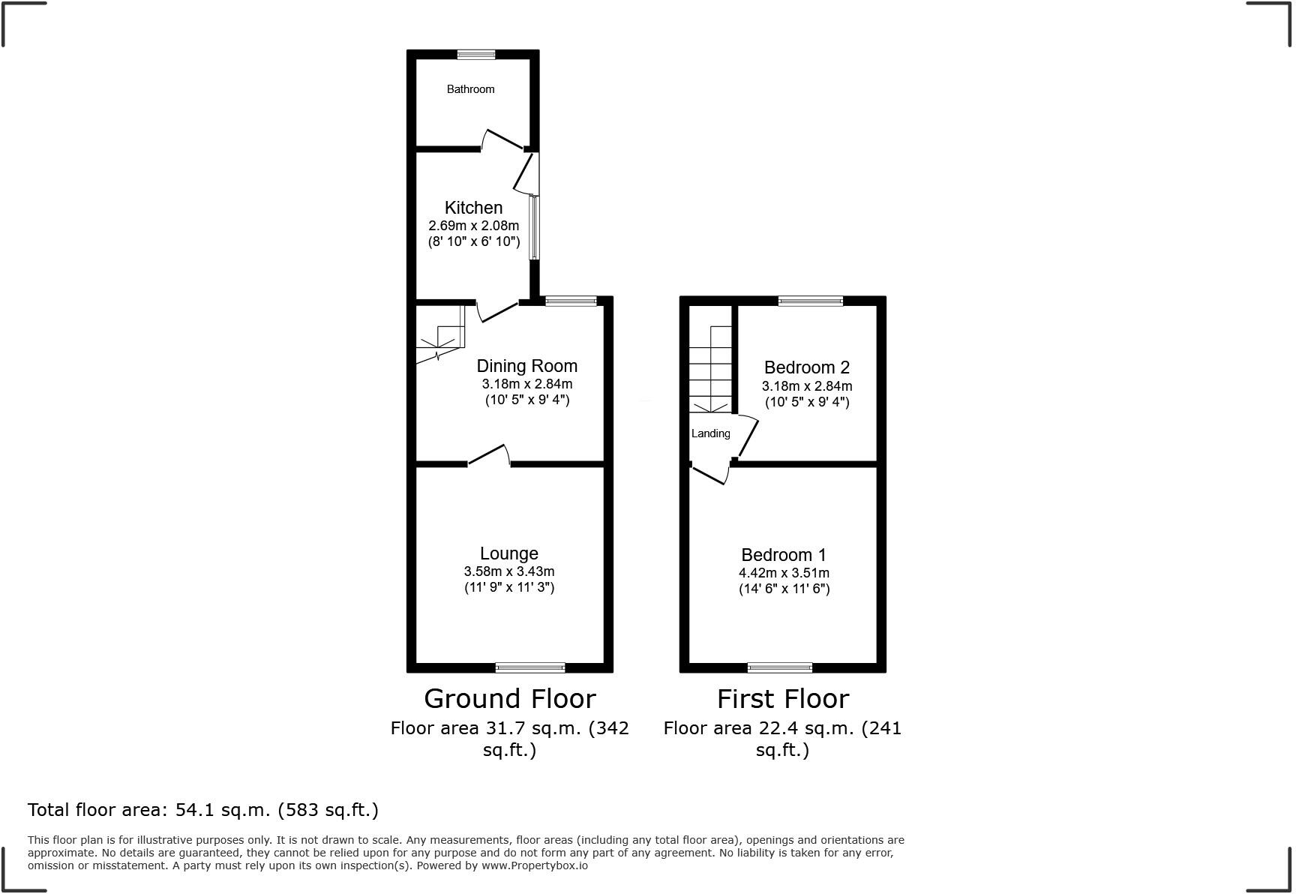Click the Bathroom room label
click(x=470, y=89)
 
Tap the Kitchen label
click(x=473, y=208)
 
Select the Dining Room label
click(x=527, y=366)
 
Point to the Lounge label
click(x=509, y=553)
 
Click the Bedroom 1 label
click(x=784, y=555)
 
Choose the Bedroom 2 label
click(x=807, y=367)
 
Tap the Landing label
click(x=710, y=433)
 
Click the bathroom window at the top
click(x=476, y=54)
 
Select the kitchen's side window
click(x=534, y=227)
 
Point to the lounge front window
click(x=530, y=667)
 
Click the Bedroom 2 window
click(x=810, y=301)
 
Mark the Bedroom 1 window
click(x=780, y=667)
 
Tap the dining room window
click(x=571, y=301)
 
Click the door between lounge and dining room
click(x=489, y=456)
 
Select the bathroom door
click(x=502, y=140)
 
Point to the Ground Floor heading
click(x=510, y=699)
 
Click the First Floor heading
click(x=783, y=699)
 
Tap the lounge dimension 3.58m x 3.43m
click(x=509, y=571)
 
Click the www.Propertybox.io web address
click(x=535, y=865)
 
